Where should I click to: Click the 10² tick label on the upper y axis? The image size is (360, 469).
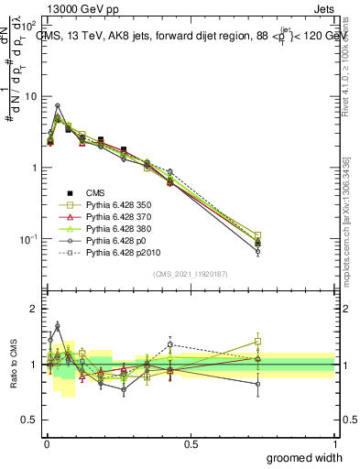[27, 25]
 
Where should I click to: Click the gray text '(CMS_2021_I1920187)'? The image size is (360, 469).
[190, 274]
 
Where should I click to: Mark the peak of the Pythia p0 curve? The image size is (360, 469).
[58, 105]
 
